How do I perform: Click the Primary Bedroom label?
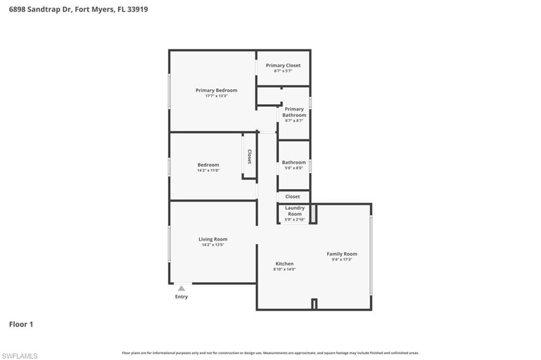click(216, 90)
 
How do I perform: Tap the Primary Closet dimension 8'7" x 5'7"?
click(283, 71)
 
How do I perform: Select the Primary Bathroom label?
click(294, 112)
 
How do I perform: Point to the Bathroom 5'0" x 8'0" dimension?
click(294, 168)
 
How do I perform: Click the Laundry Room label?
click(294, 211)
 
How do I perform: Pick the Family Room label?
click(342, 254)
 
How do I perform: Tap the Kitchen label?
click(284, 264)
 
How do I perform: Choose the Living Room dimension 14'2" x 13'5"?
click(213, 245)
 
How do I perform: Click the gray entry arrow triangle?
click(181, 288)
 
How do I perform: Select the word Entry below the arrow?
click(181, 297)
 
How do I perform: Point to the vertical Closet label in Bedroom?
click(249, 156)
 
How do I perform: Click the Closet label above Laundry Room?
click(293, 197)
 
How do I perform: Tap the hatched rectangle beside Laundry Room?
click(313, 214)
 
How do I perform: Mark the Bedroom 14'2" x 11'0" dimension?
click(208, 170)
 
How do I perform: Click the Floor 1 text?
click(21, 324)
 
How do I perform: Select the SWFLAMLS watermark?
click(20, 356)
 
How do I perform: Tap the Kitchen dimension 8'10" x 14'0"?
click(284, 269)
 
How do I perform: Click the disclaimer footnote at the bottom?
click(270, 353)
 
